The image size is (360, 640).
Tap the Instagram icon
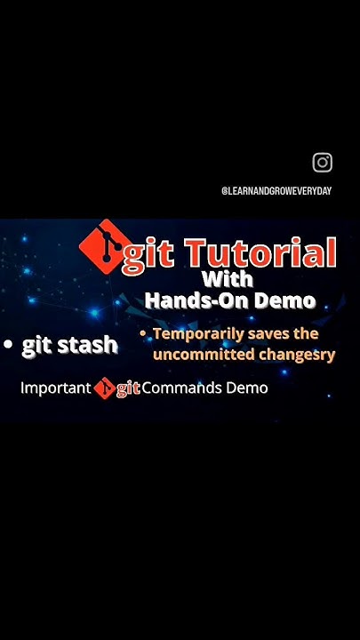(x=323, y=163)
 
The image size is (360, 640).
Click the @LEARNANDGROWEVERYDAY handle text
(x=276, y=191)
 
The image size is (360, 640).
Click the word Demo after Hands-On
(x=284, y=301)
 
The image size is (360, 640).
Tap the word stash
(x=88, y=345)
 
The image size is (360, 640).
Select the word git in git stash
(x=37, y=345)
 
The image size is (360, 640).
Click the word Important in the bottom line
(x=55, y=388)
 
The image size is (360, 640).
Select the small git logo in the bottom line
(x=105, y=388)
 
